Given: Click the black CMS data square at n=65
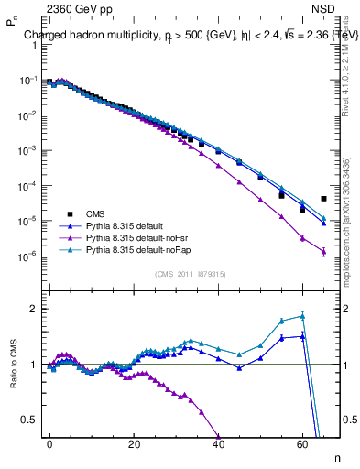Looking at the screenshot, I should click(x=323, y=199).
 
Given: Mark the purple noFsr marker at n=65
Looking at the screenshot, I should click(x=323, y=253).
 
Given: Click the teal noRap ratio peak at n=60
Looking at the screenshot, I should click(x=302, y=316).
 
